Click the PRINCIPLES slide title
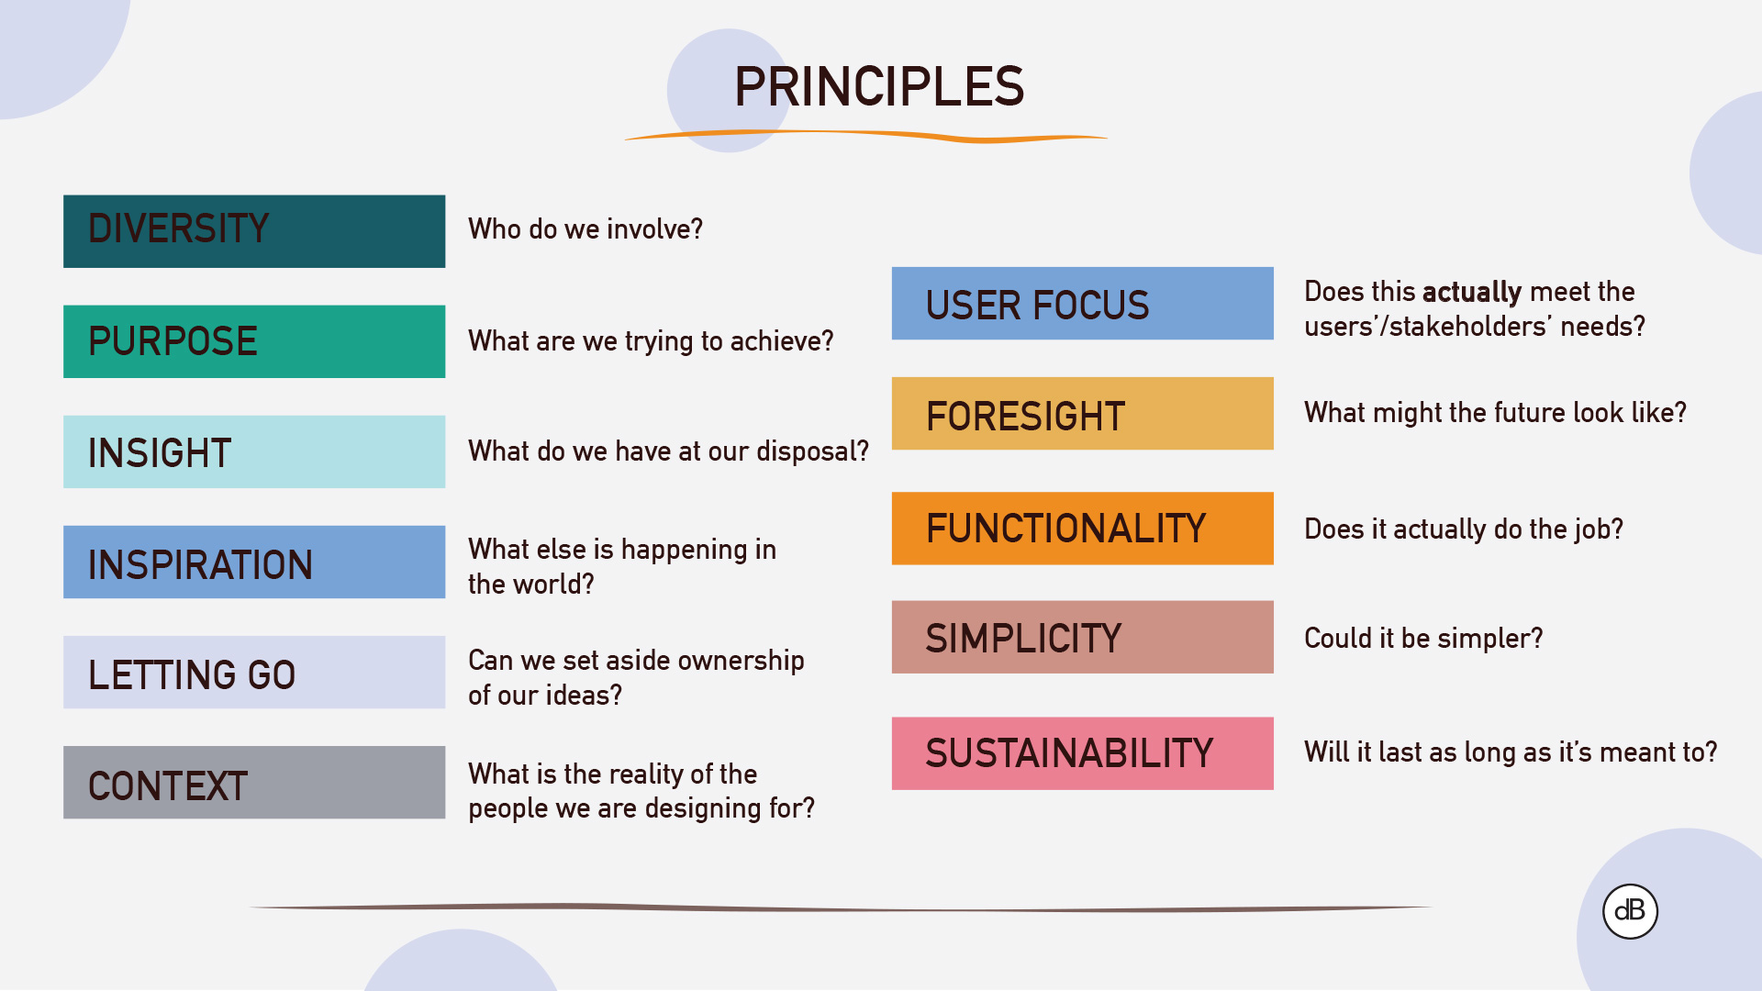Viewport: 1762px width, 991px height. (x=878, y=87)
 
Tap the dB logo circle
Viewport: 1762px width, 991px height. (x=1630, y=910)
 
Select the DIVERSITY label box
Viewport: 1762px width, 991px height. (x=254, y=231)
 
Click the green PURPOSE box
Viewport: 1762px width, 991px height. (x=254, y=341)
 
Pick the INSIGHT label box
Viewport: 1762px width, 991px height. (x=254, y=451)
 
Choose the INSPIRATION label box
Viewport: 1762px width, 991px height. (x=254, y=562)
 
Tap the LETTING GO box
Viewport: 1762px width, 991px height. (x=254, y=672)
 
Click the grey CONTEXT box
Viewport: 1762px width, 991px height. (x=254, y=782)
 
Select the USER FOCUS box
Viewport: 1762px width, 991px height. (x=1082, y=304)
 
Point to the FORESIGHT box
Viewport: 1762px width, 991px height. (x=1082, y=414)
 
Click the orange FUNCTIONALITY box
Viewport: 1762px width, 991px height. (x=1082, y=529)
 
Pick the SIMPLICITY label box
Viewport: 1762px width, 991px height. (x=1082, y=638)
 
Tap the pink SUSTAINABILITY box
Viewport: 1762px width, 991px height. (x=1082, y=753)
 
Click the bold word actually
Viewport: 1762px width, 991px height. (x=1472, y=293)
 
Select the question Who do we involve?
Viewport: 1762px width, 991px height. (x=585, y=229)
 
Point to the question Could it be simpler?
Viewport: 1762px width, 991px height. (x=1423, y=639)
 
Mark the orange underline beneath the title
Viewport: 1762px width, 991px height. (x=866, y=136)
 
